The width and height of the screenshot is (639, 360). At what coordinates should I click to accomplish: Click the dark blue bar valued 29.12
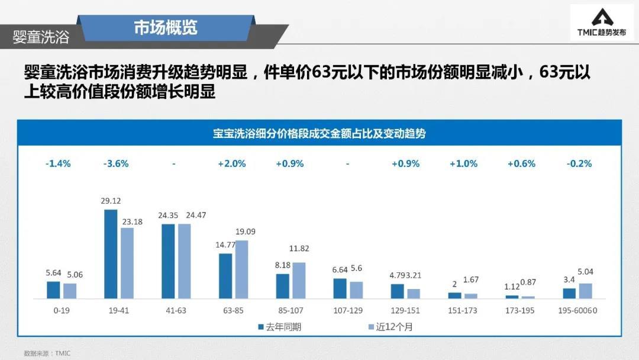tap(111, 254)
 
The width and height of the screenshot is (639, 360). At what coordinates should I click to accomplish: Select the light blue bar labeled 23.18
tap(127, 263)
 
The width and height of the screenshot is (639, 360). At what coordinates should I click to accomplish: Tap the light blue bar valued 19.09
tap(241, 269)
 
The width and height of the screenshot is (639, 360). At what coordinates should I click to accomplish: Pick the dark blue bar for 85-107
tap(283, 286)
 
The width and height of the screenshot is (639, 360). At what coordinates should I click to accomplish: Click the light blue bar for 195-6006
tap(585, 291)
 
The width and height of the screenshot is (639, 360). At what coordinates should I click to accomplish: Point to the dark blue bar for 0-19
tap(53, 290)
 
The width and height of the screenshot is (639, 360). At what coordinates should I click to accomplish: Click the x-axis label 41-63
tap(176, 310)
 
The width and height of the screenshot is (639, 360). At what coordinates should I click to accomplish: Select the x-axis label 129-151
tap(405, 310)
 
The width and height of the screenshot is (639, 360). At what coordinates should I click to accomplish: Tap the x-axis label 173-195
tap(520, 310)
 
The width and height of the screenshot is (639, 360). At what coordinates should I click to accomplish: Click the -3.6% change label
tap(115, 164)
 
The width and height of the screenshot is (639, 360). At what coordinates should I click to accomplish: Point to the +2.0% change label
tap(231, 164)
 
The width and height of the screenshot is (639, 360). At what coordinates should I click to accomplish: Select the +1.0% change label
tap(463, 164)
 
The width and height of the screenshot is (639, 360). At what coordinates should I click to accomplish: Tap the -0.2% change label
tap(579, 164)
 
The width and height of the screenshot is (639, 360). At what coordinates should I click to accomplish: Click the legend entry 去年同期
tap(279, 327)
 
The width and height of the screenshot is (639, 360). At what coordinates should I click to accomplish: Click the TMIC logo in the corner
tap(601, 23)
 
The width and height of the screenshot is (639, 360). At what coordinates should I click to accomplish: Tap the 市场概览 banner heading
tap(165, 27)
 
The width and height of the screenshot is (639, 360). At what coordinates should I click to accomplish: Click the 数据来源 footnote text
tap(47, 353)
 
